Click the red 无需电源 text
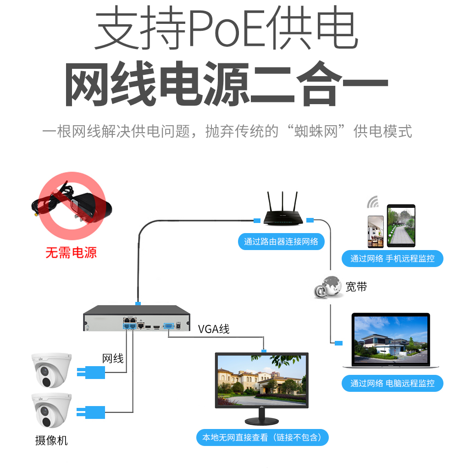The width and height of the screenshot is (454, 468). [71, 252]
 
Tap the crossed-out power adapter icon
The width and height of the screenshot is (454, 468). [71, 206]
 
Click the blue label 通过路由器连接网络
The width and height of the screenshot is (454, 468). [281, 241]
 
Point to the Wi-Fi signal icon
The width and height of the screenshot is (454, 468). [373, 202]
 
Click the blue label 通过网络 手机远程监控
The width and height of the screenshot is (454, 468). [393, 258]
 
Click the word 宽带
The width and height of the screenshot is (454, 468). [356, 287]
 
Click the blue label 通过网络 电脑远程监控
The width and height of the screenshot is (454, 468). [393, 383]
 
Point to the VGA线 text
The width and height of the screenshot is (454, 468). [214, 329]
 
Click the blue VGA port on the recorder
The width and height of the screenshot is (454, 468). [169, 325]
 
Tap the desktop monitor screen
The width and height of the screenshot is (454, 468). [262, 380]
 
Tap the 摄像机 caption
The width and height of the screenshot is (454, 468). [51, 440]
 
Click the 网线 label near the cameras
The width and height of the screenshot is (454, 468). [113, 358]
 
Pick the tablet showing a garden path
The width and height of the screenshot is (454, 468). [401, 226]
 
